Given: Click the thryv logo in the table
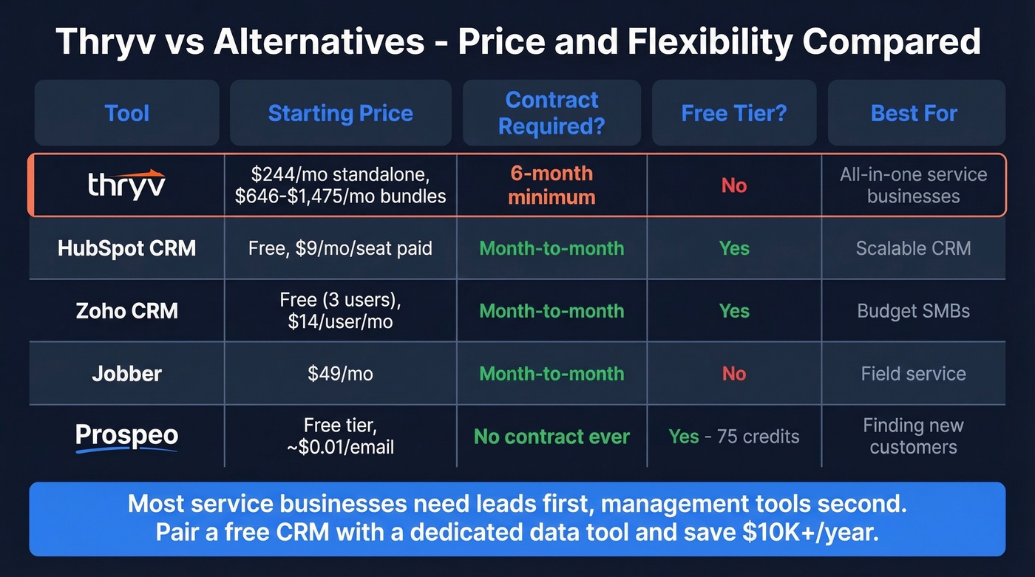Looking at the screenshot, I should point(126,185).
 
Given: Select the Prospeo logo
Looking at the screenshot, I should point(126,437).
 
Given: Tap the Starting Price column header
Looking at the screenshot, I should point(340,113).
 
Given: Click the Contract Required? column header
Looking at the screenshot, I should point(552,113).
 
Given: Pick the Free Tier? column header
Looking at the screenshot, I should point(733,113).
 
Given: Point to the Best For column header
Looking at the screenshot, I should point(914,113).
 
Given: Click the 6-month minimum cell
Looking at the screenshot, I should point(552,185).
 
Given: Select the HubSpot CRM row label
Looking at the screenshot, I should point(126,247).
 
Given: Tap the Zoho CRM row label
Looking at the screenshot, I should point(126,310).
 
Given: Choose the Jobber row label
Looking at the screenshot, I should point(126,374).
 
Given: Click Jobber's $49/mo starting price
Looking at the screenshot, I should point(340,374).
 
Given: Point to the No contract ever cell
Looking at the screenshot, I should point(552,437).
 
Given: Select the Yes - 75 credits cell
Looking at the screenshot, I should point(733,437).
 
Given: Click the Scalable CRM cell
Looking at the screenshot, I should point(914,247).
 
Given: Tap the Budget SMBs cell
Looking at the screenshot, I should point(914,310).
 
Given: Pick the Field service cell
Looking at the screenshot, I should point(914,374).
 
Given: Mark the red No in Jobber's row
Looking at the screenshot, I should point(733,374).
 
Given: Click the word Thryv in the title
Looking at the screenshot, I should point(101,42).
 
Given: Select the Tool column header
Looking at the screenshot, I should point(126,113).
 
